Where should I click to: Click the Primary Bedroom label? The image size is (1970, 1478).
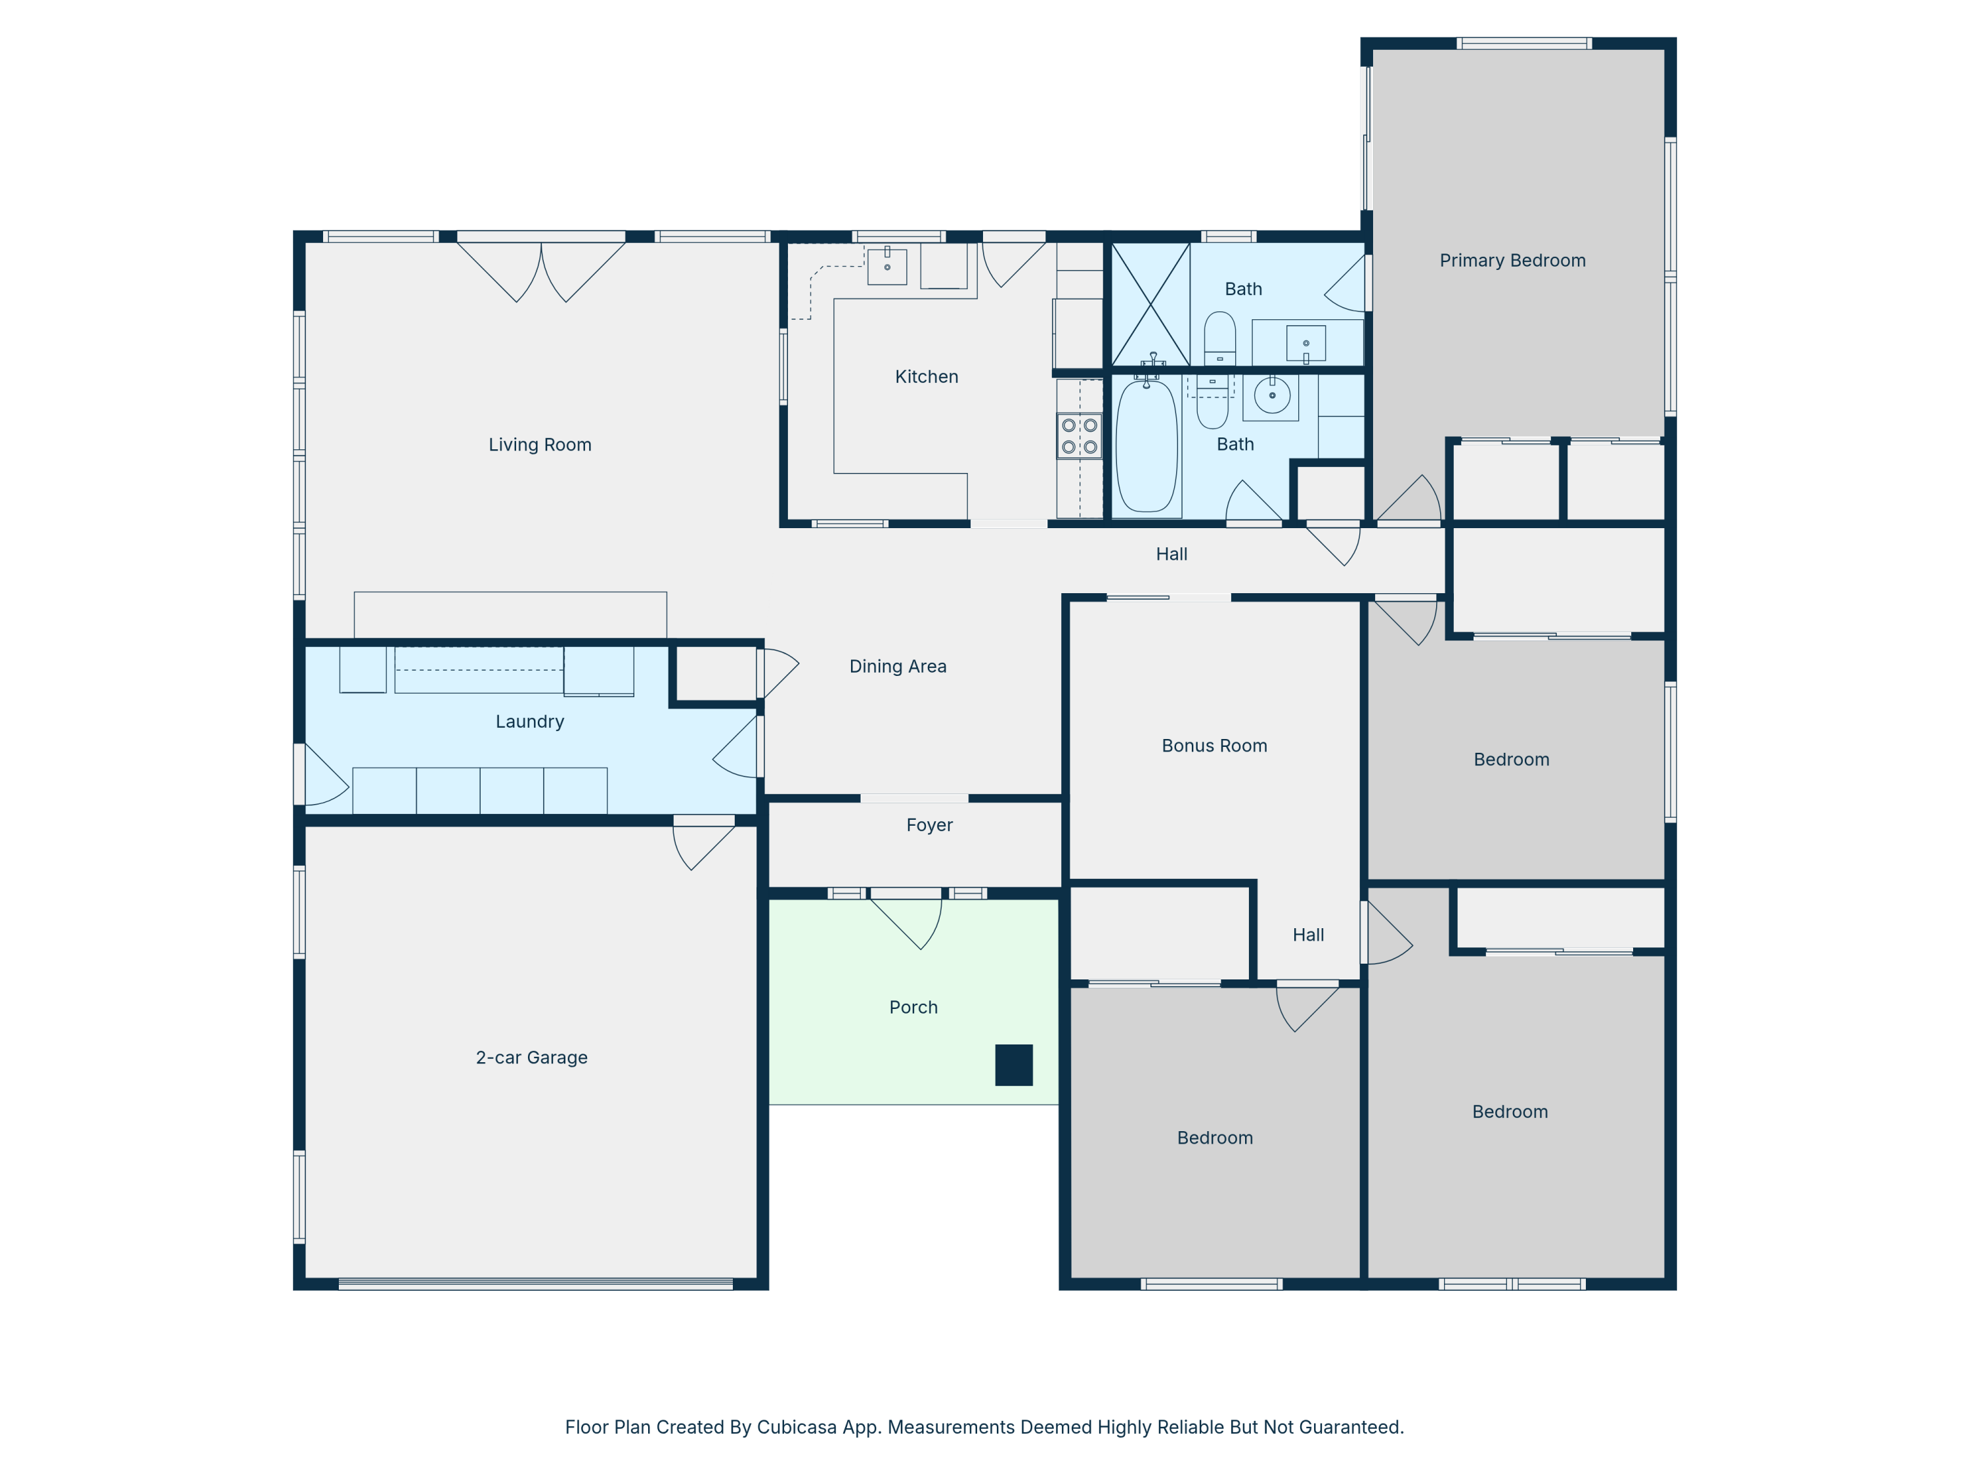[1512, 260]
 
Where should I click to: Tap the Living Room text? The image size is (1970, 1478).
[540, 445]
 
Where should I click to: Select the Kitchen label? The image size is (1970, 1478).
[926, 377]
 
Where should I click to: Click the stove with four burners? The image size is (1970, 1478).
[1080, 436]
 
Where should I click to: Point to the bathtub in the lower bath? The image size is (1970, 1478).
[1147, 446]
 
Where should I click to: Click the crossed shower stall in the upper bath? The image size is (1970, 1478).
[1150, 303]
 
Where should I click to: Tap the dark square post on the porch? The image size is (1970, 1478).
[1013, 1065]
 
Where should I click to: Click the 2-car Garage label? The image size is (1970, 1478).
[532, 1058]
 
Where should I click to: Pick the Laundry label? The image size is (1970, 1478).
[530, 722]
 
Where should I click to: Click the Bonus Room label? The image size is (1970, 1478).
[1214, 746]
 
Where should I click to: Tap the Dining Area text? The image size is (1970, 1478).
[898, 666]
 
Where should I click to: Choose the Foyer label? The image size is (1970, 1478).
[929, 825]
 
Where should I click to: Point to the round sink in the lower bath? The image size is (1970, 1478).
[1272, 395]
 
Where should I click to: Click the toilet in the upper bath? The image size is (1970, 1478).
[1219, 338]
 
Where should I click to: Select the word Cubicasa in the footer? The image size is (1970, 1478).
[797, 1427]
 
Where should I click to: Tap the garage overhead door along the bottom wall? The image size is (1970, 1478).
[535, 1284]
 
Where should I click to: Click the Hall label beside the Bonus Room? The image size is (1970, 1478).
[1308, 935]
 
